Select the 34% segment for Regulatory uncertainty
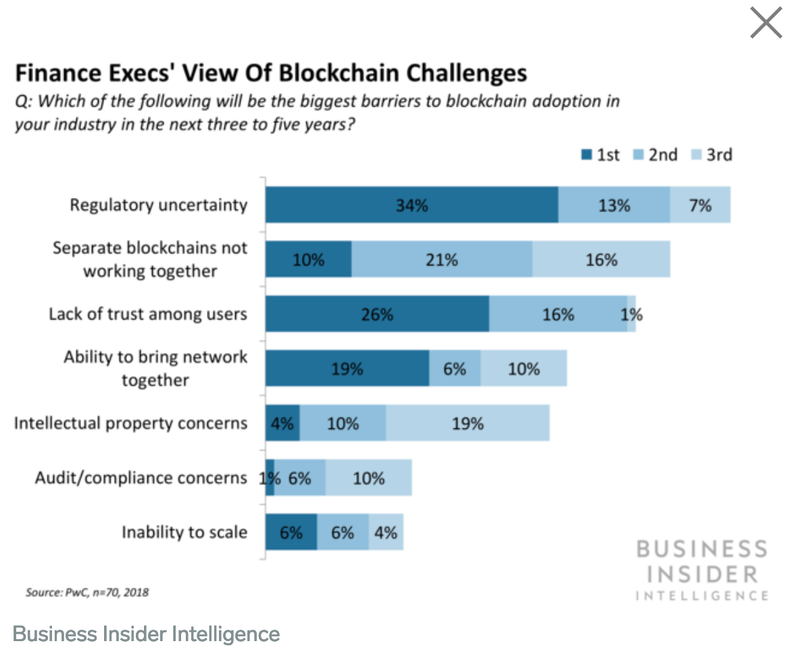[x=412, y=205]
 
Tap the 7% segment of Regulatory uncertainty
[x=700, y=205]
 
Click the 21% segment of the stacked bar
[x=441, y=259]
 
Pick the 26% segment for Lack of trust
[x=376, y=314]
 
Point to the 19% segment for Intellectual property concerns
[x=468, y=424]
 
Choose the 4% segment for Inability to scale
[x=386, y=532]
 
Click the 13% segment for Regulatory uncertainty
[x=614, y=205]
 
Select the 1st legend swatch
[x=587, y=155]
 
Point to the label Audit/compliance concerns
[x=141, y=478]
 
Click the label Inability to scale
[x=184, y=532]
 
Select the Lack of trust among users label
[x=147, y=314]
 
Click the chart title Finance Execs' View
[x=270, y=72]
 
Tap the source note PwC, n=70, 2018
[x=87, y=592]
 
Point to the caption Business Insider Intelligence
[x=146, y=634]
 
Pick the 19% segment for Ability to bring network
[x=347, y=369]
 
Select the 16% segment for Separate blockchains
[x=601, y=259]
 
